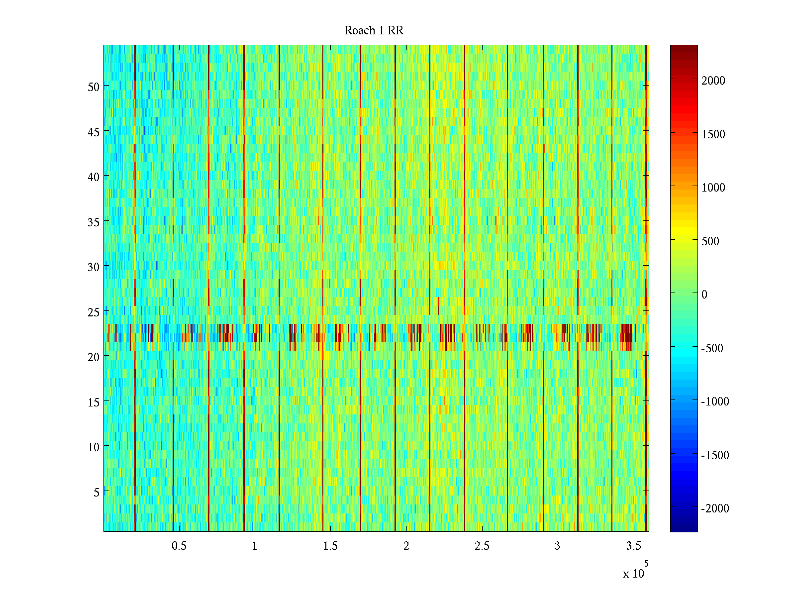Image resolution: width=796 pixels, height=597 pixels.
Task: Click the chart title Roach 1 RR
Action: (x=374, y=31)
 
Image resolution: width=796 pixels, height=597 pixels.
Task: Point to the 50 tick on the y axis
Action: (x=94, y=87)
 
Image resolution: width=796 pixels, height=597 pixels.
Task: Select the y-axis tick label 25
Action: (x=94, y=312)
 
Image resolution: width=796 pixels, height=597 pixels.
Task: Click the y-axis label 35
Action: (x=94, y=222)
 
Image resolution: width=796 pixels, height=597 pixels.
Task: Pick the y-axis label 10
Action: (x=94, y=447)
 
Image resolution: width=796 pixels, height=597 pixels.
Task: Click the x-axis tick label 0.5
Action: (x=179, y=546)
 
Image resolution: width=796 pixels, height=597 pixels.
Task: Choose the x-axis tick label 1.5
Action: (x=330, y=546)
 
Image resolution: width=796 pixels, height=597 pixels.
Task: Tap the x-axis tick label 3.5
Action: (x=633, y=546)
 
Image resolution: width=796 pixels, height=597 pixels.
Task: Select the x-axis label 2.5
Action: (x=482, y=546)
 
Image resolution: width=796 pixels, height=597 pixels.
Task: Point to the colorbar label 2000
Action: (x=713, y=81)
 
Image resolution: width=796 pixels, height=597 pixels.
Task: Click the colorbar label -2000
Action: (x=715, y=508)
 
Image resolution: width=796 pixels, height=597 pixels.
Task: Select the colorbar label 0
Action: (x=704, y=295)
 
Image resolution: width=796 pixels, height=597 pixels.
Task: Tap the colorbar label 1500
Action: (x=713, y=134)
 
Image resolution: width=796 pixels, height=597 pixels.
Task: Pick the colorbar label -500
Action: (x=712, y=348)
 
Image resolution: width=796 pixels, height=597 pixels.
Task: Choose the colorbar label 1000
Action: (x=713, y=188)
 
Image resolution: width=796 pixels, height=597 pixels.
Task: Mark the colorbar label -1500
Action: (x=715, y=455)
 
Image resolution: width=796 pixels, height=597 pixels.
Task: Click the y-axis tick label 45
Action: (x=94, y=132)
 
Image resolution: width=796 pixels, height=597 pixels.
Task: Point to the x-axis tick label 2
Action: (x=406, y=546)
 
